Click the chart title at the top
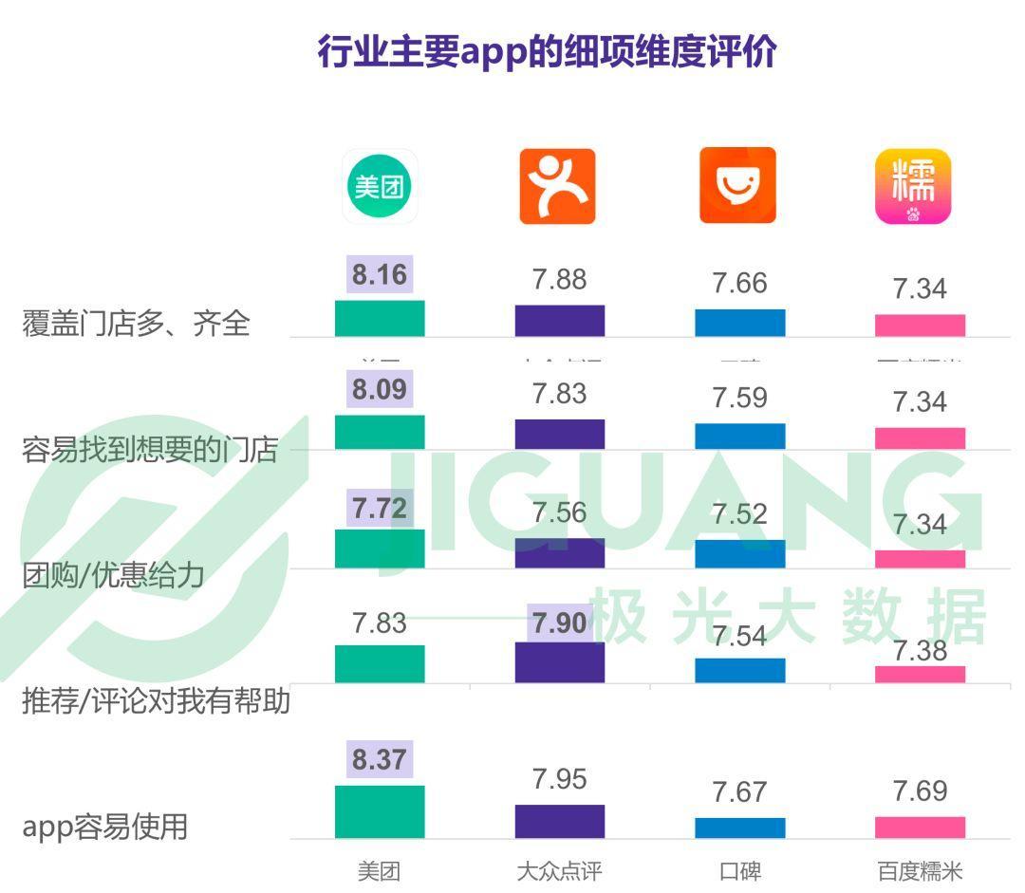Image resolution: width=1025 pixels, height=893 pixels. pos(547,51)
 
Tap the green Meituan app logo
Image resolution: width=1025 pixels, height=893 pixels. pos(380,186)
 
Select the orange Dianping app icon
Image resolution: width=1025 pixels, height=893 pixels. pos(557,186)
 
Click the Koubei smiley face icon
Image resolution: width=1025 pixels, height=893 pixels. pos(737,186)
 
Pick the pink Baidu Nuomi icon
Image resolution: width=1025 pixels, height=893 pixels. pos(913,186)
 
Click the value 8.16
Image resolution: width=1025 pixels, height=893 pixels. pos(380,275)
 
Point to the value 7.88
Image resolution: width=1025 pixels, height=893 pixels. pos(559,280)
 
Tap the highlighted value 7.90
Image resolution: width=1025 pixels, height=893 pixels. pos(559,623)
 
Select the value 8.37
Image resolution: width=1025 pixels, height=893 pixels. pos(380,759)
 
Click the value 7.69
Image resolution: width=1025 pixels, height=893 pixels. pos(920,791)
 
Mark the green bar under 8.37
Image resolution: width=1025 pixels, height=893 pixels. pos(380,812)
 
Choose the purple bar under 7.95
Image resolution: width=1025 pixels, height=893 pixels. pos(559,822)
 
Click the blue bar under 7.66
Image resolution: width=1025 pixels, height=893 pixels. pos(739,323)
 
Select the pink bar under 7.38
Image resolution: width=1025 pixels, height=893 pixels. pos(920,674)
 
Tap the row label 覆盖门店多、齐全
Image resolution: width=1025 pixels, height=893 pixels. pos(136,324)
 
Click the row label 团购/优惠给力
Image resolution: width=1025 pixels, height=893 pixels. pos(113,575)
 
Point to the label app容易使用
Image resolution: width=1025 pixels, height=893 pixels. pos(105,826)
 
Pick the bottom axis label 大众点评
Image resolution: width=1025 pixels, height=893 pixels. pos(559,871)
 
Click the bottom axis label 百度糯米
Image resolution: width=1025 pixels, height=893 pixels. pos(920,871)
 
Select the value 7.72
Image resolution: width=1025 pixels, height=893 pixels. pos(380,509)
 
